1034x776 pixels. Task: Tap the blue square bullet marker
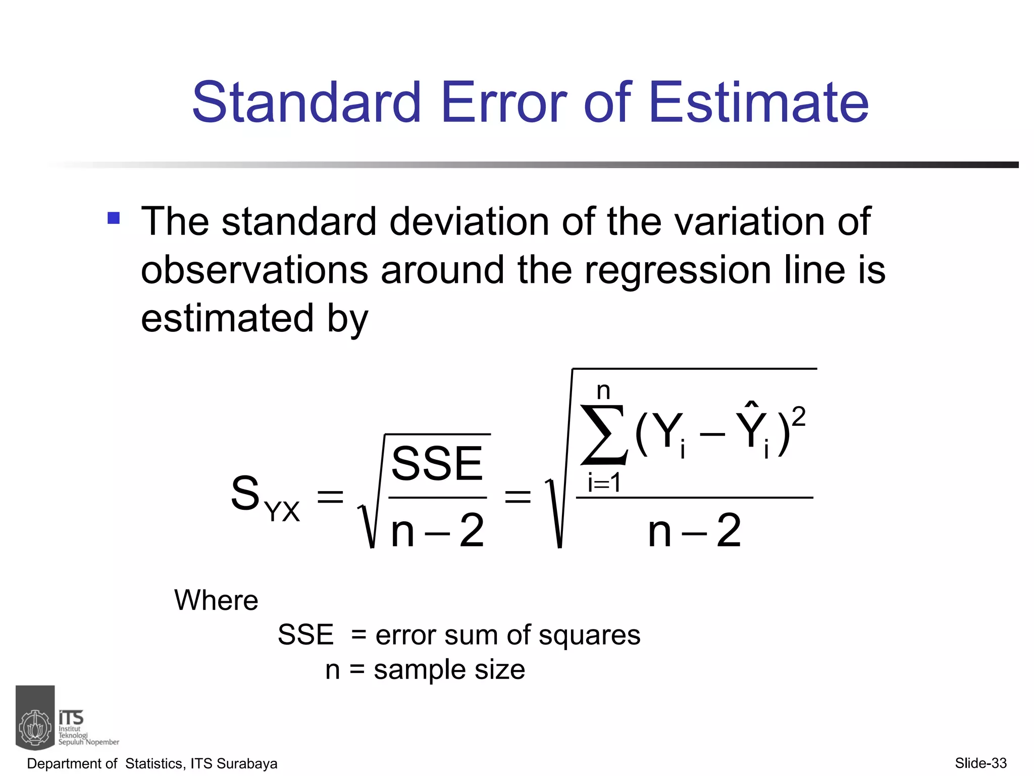click(x=114, y=218)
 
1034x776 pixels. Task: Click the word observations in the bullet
click(x=254, y=270)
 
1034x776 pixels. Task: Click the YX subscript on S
click(x=283, y=511)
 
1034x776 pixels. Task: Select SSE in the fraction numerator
click(x=437, y=463)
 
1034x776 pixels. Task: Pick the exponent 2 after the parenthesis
click(x=798, y=417)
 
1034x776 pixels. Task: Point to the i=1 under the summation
click(x=604, y=482)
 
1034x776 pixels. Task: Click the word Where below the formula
click(x=216, y=600)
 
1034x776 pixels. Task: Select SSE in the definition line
click(x=305, y=635)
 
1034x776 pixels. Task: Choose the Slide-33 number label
click(x=980, y=763)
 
